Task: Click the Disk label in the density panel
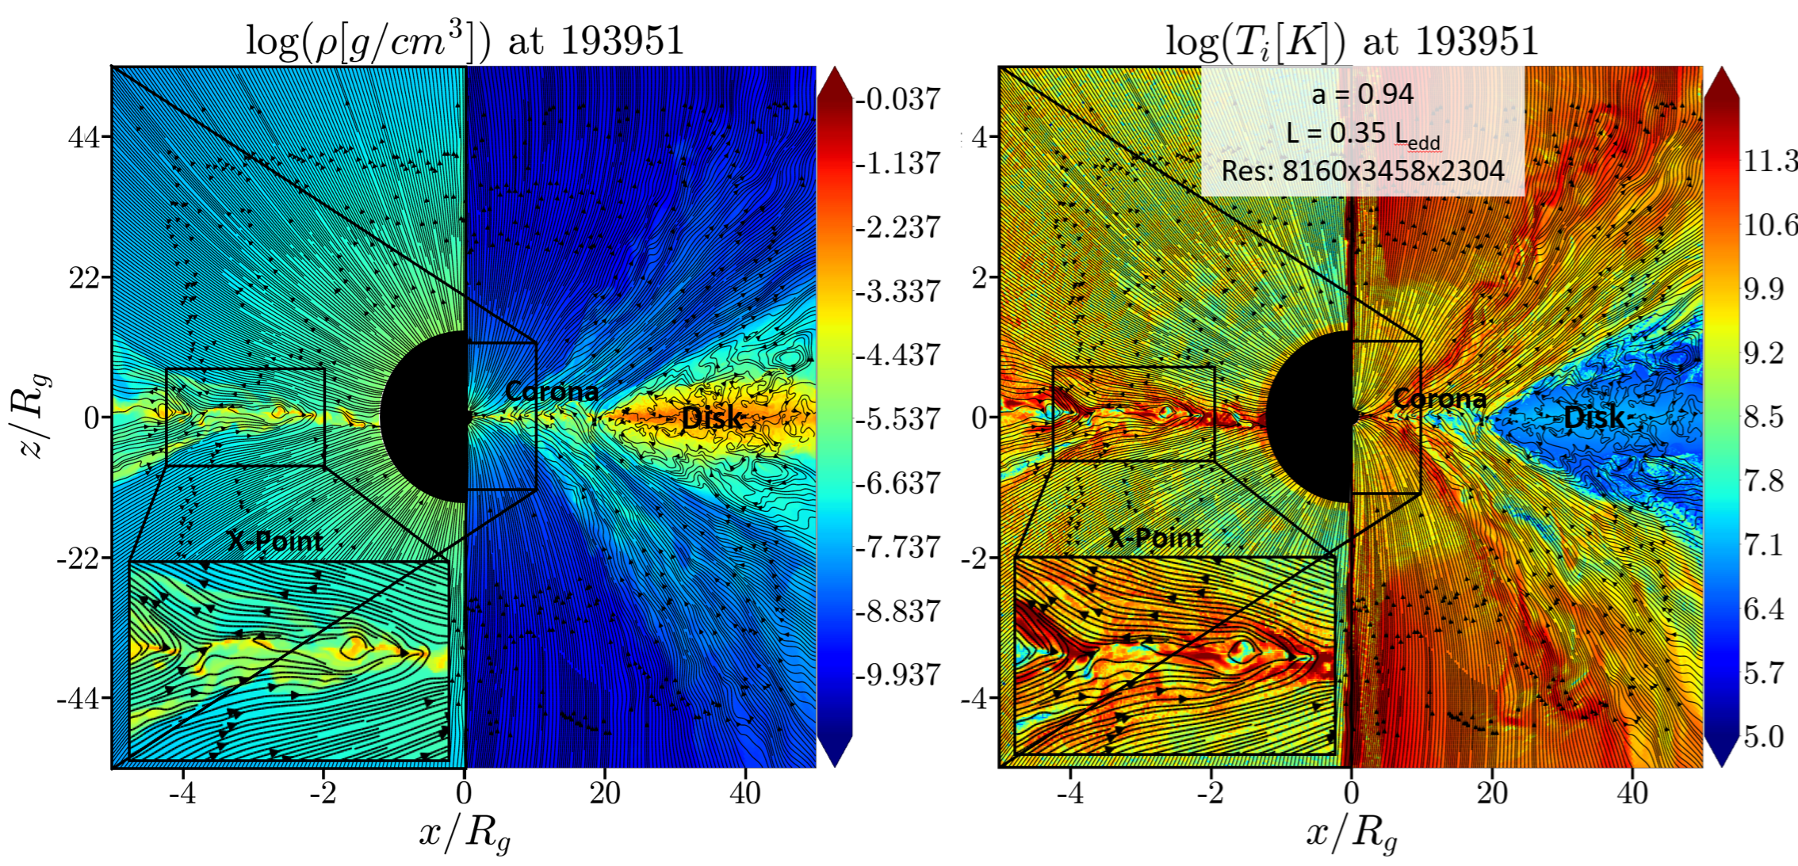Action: [712, 418]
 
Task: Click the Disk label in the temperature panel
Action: [1594, 418]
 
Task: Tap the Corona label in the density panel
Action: [552, 391]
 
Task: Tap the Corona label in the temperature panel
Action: [1440, 398]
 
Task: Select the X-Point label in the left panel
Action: [275, 541]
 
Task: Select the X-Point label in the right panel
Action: [1155, 539]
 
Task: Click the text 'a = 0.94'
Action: [1363, 94]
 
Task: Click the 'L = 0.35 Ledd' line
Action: [1363, 134]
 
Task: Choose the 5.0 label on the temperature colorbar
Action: [1764, 737]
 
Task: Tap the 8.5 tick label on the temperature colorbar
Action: [1764, 417]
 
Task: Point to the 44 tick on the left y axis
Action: [84, 137]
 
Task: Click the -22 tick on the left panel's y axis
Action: [78, 559]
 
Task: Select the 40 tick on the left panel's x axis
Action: [745, 792]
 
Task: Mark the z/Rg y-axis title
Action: [35, 415]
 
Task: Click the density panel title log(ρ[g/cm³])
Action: [367, 41]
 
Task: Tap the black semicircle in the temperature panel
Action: [1310, 417]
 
